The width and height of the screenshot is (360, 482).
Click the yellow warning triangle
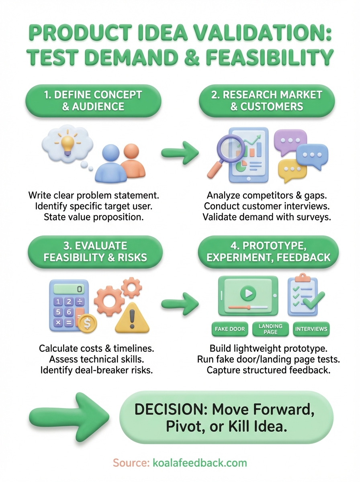(132, 319)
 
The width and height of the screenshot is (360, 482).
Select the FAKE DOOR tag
(230, 329)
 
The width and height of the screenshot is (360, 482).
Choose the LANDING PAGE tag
(270, 329)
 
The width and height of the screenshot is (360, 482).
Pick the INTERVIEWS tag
(311, 329)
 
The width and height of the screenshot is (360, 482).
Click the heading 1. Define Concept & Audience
(93, 100)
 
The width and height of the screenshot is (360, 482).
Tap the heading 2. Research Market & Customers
(267, 100)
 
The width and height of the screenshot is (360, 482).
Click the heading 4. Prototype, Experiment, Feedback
(267, 252)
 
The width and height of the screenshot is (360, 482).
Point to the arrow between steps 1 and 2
(180, 153)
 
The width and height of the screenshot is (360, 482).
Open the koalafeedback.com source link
(200, 463)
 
